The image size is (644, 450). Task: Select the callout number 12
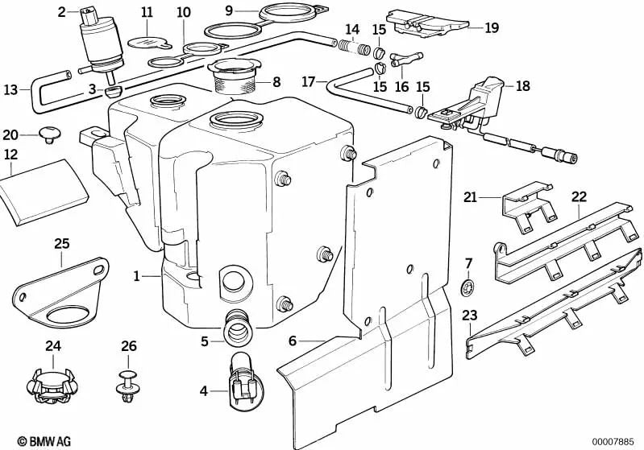point(10,153)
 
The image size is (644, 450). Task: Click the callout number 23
point(470,316)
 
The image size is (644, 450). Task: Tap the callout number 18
point(522,85)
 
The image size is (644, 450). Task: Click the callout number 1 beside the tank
point(137,276)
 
